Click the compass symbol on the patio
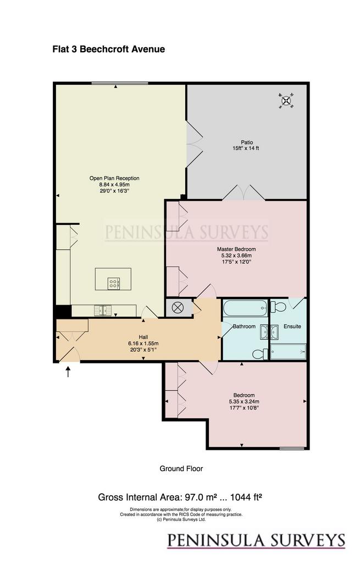coord(286,101)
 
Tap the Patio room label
coord(247,142)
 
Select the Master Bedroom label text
coord(236,249)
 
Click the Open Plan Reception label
coord(114,178)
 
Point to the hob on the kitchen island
coord(113,283)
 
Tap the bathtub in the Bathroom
coord(245,308)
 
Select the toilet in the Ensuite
coord(278,307)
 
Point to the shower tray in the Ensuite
coord(288,351)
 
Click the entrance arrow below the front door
coord(68,371)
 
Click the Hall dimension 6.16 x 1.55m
coord(143,343)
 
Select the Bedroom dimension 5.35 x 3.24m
coord(244,402)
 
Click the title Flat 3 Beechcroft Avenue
coord(109,49)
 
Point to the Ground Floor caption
coord(181,468)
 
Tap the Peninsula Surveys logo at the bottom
coord(256,540)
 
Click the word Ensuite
coord(292,327)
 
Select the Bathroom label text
coord(244,327)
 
